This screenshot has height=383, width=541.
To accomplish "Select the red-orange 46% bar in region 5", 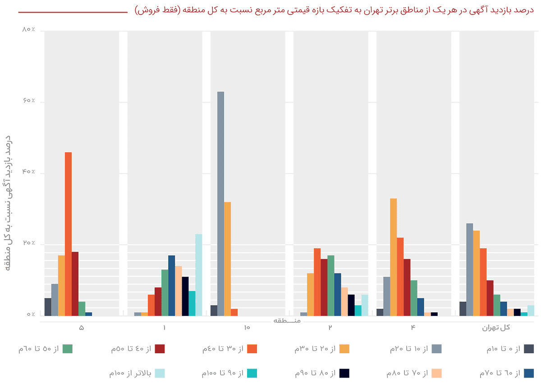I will [x=68, y=234].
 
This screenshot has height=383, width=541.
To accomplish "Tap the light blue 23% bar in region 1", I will [x=198, y=275].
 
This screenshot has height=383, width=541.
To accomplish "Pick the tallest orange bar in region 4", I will [x=393, y=257].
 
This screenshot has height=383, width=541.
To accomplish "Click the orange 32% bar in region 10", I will [x=227, y=259].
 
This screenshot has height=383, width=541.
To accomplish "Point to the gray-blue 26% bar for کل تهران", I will [x=470, y=269].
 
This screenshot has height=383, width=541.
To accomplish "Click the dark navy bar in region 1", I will [x=185, y=296].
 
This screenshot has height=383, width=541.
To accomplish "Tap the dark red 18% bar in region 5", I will [x=75, y=284].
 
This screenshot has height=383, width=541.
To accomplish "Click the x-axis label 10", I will [x=247, y=328].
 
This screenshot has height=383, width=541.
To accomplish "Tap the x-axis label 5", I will [x=81, y=328].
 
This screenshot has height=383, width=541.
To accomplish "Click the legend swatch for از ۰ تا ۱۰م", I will [x=528, y=348].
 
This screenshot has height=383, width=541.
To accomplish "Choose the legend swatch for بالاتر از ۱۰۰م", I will [x=160, y=373].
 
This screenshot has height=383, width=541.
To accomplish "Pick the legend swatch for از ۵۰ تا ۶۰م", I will [x=68, y=348].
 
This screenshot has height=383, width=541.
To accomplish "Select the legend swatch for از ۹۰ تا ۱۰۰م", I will [x=252, y=373].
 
